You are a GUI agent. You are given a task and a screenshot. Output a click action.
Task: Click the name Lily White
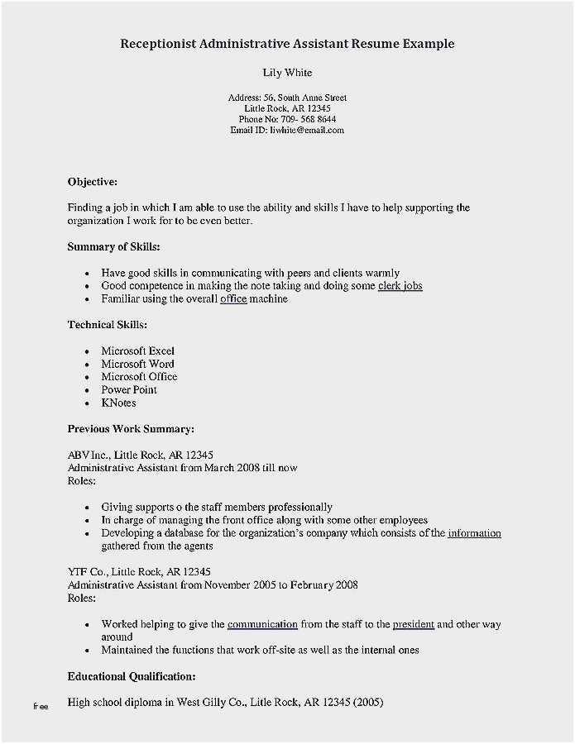[x=287, y=73]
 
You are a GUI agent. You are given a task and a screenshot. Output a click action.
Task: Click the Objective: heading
[x=93, y=181]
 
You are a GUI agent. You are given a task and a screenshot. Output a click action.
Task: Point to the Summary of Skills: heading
[x=113, y=246]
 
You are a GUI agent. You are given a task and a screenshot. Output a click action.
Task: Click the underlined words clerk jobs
[x=400, y=286]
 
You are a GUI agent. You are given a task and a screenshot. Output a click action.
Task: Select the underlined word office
[x=233, y=299]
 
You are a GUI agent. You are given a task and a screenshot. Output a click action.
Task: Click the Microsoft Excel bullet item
[x=137, y=351]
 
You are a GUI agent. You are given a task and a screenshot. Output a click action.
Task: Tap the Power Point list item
[x=129, y=390]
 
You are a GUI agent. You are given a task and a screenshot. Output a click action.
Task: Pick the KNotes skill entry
[x=118, y=403]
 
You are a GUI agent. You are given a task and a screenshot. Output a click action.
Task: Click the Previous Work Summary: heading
[x=131, y=429]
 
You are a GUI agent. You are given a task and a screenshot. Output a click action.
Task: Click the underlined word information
[x=474, y=533]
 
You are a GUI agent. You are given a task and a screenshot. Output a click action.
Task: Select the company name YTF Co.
[x=87, y=572]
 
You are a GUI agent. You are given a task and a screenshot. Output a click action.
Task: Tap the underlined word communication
[x=262, y=624]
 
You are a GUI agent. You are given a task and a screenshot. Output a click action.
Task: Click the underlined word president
[x=413, y=624]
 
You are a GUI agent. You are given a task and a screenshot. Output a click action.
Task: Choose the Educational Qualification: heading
[x=132, y=676]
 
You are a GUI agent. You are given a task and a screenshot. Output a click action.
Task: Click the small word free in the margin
[x=41, y=707]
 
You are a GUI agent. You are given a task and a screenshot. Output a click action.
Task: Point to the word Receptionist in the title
[x=160, y=44]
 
